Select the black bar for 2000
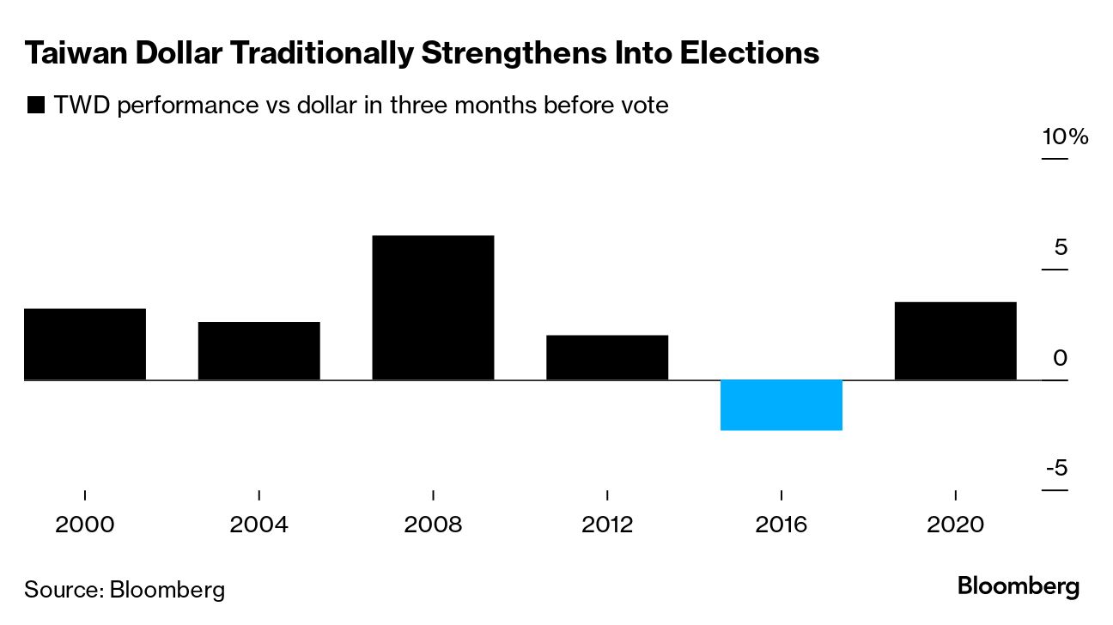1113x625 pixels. pyautogui.click(x=85, y=343)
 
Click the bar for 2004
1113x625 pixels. pyautogui.click(x=258, y=350)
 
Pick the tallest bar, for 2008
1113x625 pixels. pyautogui.click(x=433, y=307)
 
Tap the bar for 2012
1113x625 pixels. pyautogui.click(x=607, y=357)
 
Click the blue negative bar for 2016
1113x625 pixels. pyautogui.click(x=781, y=404)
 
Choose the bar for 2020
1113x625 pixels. pyautogui.click(x=955, y=341)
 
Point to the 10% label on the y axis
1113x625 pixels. pyautogui.click(x=1065, y=137)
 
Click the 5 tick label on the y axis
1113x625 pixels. pyautogui.click(x=1061, y=248)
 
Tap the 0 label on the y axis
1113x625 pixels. pyautogui.click(x=1061, y=358)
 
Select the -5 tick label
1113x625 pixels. pyautogui.click(x=1056, y=469)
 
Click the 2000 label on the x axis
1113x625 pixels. pyautogui.click(x=85, y=524)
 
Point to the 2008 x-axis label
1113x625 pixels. pyautogui.click(x=433, y=524)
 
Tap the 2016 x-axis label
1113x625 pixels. pyautogui.click(x=781, y=524)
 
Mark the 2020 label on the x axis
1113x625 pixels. pyautogui.click(x=955, y=524)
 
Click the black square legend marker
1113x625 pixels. pyautogui.click(x=35, y=106)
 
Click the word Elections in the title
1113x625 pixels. pyautogui.click(x=749, y=54)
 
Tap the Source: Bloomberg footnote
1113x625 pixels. pyautogui.click(x=125, y=590)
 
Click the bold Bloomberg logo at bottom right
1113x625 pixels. pyautogui.click(x=1019, y=588)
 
